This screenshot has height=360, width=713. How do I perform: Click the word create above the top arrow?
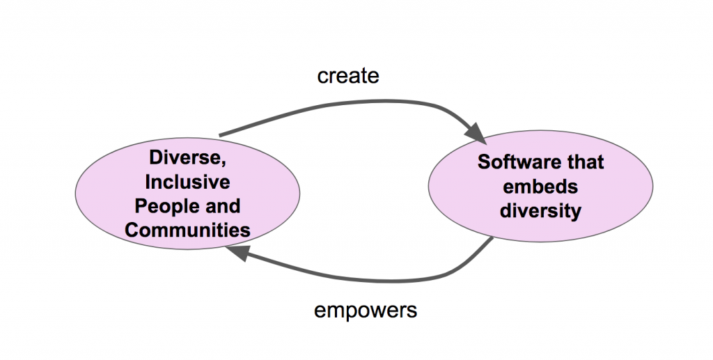(348, 75)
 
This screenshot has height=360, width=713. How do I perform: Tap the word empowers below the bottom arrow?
(365, 310)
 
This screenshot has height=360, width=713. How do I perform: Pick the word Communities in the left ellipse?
(188, 229)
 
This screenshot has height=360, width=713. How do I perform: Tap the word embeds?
(540, 186)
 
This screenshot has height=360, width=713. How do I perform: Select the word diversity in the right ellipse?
(540, 210)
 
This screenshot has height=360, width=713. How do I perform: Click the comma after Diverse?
(223, 164)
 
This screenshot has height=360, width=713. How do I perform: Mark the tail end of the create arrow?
(221, 134)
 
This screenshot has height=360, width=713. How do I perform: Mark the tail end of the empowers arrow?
(493, 240)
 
